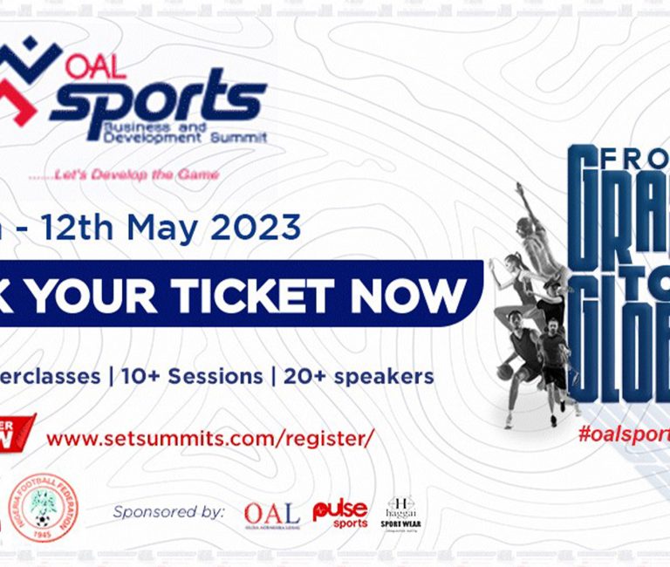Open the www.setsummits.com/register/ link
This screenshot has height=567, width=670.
[209, 438]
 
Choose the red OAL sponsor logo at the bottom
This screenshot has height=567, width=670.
[271, 515]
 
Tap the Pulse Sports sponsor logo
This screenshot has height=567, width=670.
[340, 513]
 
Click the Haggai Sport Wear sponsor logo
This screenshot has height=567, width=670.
[402, 515]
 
